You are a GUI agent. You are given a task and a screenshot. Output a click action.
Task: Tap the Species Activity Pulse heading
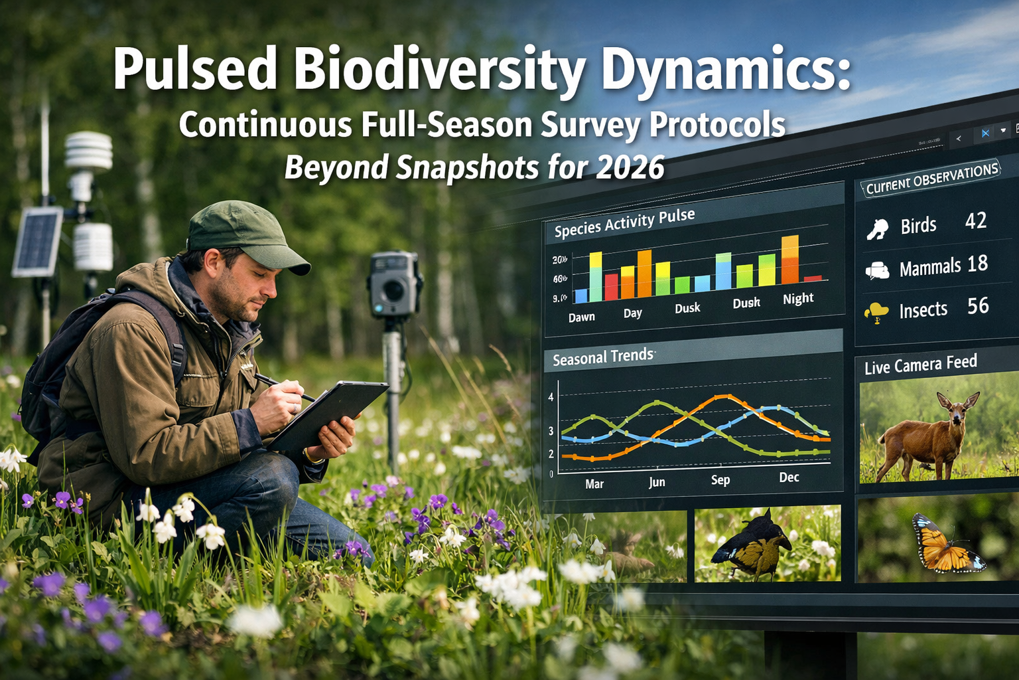[x=624, y=222]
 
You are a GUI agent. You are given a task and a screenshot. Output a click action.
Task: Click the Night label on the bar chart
[x=797, y=299]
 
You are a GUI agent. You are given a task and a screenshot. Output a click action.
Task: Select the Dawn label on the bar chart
[x=581, y=317]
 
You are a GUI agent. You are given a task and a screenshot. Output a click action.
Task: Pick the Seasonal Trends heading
[x=603, y=357]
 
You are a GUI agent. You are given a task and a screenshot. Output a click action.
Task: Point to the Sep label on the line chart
[x=720, y=479]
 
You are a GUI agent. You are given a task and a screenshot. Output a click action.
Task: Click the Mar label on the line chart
[x=594, y=484]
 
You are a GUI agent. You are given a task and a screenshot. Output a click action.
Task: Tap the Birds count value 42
[x=975, y=221]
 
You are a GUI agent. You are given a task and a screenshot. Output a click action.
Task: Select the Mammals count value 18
[x=977, y=264]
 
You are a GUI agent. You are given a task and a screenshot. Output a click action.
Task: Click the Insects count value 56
[x=978, y=306]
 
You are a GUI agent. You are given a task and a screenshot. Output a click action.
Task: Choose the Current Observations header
[x=932, y=179]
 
